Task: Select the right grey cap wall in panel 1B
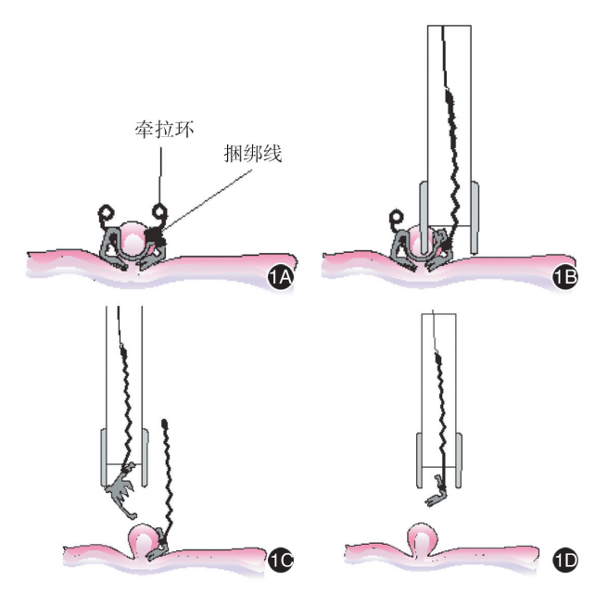[x=475, y=218]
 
